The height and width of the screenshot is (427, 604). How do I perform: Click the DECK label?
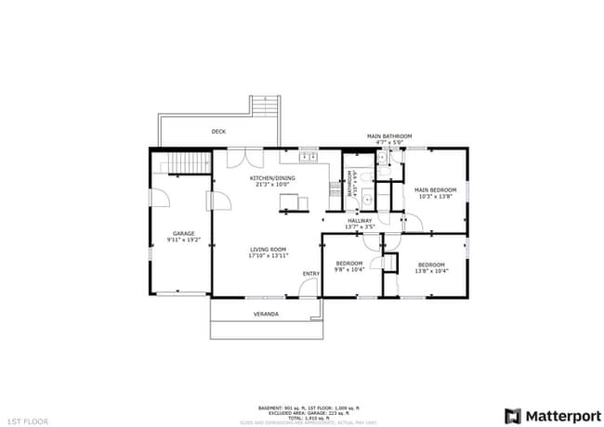click(x=218, y=132)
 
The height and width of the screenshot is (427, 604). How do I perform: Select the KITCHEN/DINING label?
click(x=272, y=177)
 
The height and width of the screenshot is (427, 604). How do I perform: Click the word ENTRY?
click(x=310, y=273)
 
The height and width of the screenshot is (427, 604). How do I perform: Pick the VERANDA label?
click(x=267, y=314)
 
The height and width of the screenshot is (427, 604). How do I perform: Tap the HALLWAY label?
click(x=360, y=220)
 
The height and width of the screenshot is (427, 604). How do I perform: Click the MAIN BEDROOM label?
click(x=435, y=190)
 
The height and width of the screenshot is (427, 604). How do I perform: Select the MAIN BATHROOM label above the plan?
click(x=388, y=136)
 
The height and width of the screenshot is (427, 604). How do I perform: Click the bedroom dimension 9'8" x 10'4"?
click(x=348, y=269)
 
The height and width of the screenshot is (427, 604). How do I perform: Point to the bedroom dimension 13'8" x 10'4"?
click(x=431, y=270)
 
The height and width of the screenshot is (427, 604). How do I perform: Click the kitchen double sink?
click(x=310, y=157)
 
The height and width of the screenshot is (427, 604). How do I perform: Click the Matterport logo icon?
click(x=512, y=415)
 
